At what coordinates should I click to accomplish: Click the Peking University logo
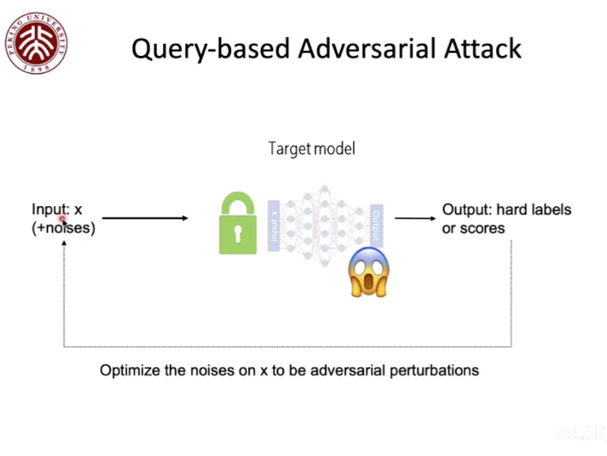[x=35, y=43]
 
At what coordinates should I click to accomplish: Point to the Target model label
[x=312, y=149]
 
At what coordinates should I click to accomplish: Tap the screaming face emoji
[x=368, y=272]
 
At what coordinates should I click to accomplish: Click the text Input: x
[x=57, y=210]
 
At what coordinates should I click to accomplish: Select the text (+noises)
[x=64, y=228]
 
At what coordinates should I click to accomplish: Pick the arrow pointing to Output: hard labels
[x=415, y=218]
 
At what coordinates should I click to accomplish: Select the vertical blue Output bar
[x=375, y=226]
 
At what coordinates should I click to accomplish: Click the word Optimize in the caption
[x=129, y=371]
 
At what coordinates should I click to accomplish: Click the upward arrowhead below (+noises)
[x=64, y=244]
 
